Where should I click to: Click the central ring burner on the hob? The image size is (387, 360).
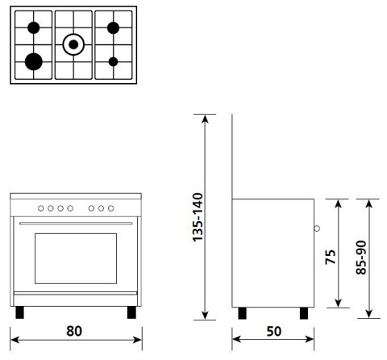pos(74,44)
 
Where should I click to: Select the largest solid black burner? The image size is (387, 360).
pos(34,61)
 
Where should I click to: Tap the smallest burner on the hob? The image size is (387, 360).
pos(114,61)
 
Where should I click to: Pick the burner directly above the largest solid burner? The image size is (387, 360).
pos(34,28)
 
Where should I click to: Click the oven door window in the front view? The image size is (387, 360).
pos(74,254)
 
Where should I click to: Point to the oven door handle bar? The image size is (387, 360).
pos(74,224)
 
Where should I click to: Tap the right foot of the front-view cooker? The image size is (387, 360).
pos(130,311)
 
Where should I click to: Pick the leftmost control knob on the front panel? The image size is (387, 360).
pos(41,208)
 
